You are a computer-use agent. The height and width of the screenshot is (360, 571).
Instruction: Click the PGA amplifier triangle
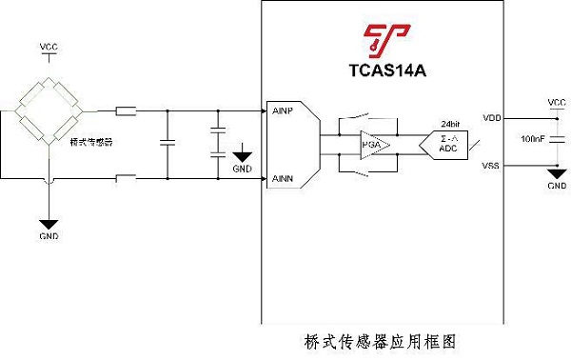(374, 145)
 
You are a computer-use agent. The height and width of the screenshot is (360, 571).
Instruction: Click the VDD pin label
(492, 118)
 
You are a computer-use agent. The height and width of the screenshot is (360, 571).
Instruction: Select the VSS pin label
(492, 167)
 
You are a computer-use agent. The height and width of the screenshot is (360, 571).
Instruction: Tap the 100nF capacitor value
(533, 141)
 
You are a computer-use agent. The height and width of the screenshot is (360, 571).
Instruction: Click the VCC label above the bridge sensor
(49, 47)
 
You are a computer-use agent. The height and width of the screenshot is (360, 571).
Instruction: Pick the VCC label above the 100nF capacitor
(557, 101)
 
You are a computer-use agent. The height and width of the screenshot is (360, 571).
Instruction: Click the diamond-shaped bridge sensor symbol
(49, 112)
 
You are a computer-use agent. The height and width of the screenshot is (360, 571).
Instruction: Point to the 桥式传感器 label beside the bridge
(92, 142)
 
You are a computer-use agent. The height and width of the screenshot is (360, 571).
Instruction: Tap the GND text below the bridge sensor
(49, 234)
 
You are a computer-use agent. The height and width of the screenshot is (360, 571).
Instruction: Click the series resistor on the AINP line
(126, 111)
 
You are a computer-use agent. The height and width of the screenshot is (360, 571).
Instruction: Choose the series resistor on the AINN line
(126, 178)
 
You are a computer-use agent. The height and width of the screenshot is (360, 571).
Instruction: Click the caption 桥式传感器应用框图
(385, 339)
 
